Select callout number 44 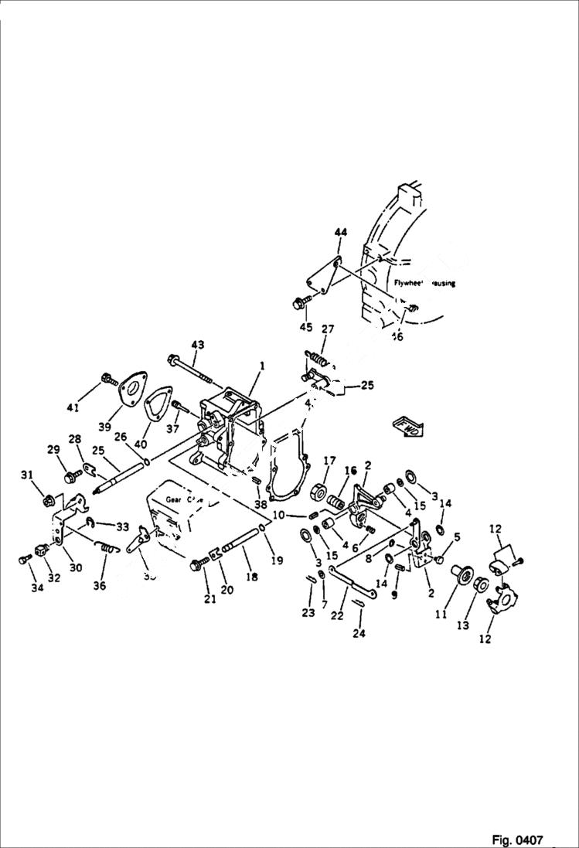(x=341, y=232)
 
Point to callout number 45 (x=305, y=327)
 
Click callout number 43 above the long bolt (x=199, y=344)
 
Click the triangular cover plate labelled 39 (x=132, y=390)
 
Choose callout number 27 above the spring (x=327, y=329)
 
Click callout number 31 (x=27, y=475)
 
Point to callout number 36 (x=98, y=586)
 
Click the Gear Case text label (x=180, y=500)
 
